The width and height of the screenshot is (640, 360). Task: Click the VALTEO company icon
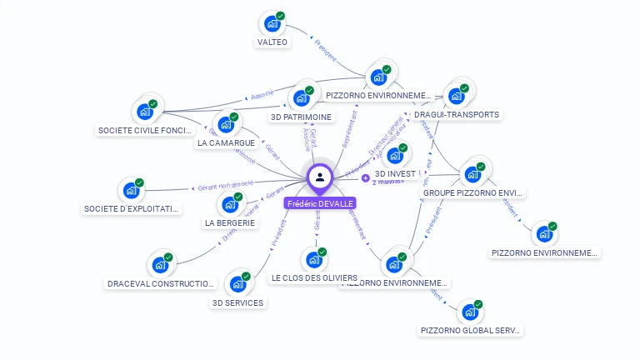click(271, 24)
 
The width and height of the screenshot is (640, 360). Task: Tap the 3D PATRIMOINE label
click(302, 117)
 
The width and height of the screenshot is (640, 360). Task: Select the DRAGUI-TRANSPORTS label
click(457, 114)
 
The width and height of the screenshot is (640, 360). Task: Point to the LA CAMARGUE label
click(226, 142)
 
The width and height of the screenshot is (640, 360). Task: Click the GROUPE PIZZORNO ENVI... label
click(473, 192)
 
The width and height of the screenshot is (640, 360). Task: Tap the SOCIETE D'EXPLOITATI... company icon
click(130, 190)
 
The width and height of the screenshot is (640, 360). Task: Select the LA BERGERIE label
click(230, 222)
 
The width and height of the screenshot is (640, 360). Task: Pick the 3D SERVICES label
click(238, 302)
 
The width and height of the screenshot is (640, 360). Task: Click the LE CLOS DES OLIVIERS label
click(314, 277)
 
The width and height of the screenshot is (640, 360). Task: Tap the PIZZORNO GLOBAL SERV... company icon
click(470, 312)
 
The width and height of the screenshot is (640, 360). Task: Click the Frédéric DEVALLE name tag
click(320, 203)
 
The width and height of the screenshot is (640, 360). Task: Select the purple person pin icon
click(320, 177)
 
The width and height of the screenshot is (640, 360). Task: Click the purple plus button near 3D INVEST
click(365, 177)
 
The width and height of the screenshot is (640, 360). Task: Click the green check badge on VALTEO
click(281, 16)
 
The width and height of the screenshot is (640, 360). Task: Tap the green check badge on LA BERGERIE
click(238, 197)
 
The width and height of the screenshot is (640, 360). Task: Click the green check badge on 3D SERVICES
click(247, 274)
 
